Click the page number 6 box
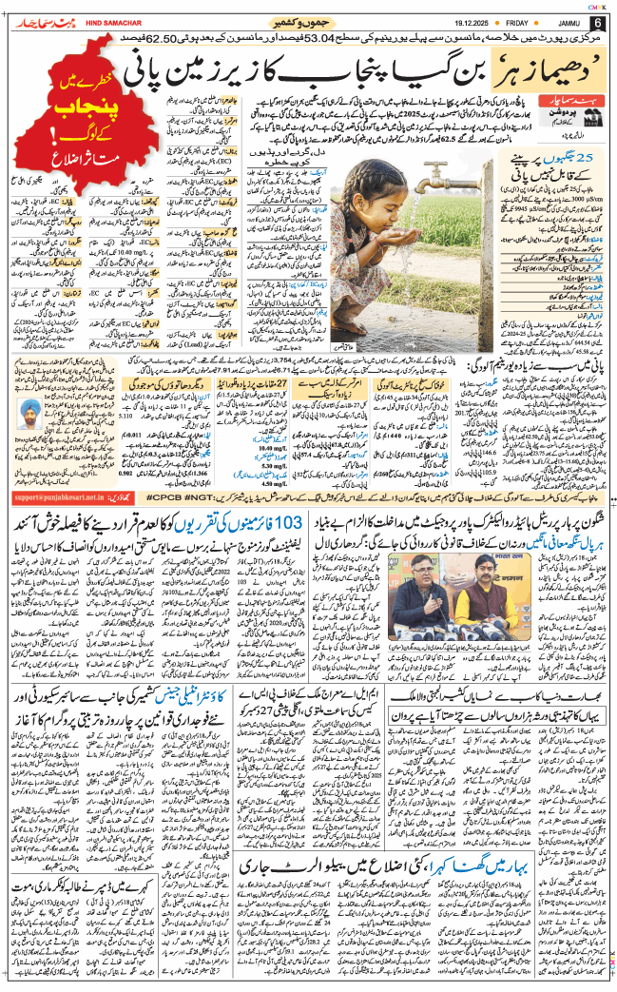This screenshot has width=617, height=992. (597, 23)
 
